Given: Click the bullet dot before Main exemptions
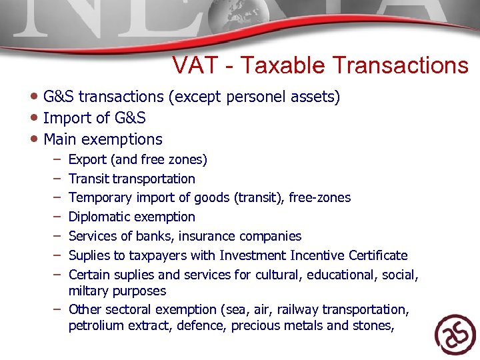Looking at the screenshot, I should coord(35,139).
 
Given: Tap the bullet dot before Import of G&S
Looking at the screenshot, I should coord(35,118).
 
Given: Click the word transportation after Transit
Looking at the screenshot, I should coord(154,179).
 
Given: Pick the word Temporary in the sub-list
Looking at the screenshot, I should coord(98,198).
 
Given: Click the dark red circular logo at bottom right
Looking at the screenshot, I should coord(455,333).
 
